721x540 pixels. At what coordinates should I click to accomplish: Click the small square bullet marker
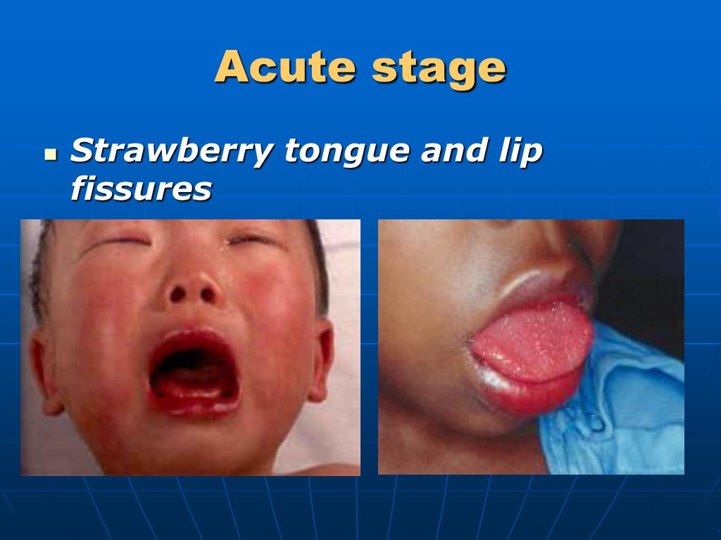49,153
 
